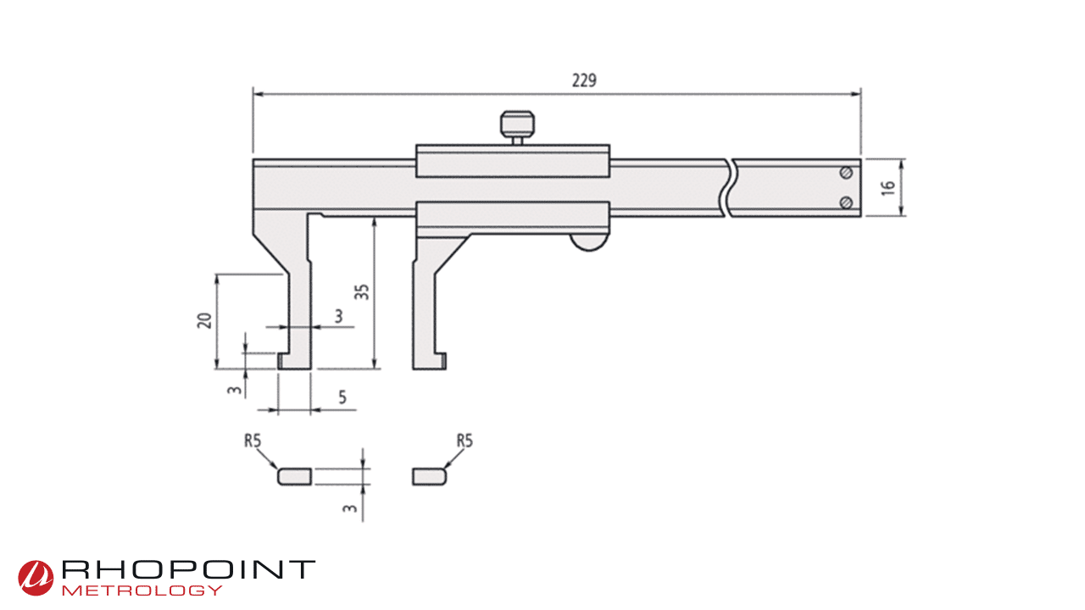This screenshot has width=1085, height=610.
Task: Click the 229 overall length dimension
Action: [x=584, y=80]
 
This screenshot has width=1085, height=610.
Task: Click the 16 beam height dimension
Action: [x=887, y=187]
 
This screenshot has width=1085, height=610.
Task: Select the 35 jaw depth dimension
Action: [x=362, y=292]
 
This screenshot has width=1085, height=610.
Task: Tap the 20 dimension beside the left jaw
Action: [x=204, y=320]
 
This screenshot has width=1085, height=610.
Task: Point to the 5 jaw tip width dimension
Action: [x=341, y=396]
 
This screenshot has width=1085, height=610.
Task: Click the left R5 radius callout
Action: [x=252, y=441]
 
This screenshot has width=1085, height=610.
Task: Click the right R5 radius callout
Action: [x=464, y=441]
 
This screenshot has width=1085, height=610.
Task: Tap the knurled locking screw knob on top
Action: [x=517, y=124]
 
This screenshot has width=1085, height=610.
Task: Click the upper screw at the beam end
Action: [x=845, y=173]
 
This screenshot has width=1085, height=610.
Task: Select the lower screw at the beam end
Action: [x=845, y=202]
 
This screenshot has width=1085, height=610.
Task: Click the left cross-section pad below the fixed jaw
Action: [x=294, y=476]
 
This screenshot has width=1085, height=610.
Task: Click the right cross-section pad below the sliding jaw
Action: [x=429, y=476]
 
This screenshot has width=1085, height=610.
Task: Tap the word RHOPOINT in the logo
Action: [x=188, y=570]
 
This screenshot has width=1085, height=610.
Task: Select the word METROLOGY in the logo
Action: [x=142, y=590]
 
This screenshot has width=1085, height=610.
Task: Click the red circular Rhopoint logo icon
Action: [x=36, y=577]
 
